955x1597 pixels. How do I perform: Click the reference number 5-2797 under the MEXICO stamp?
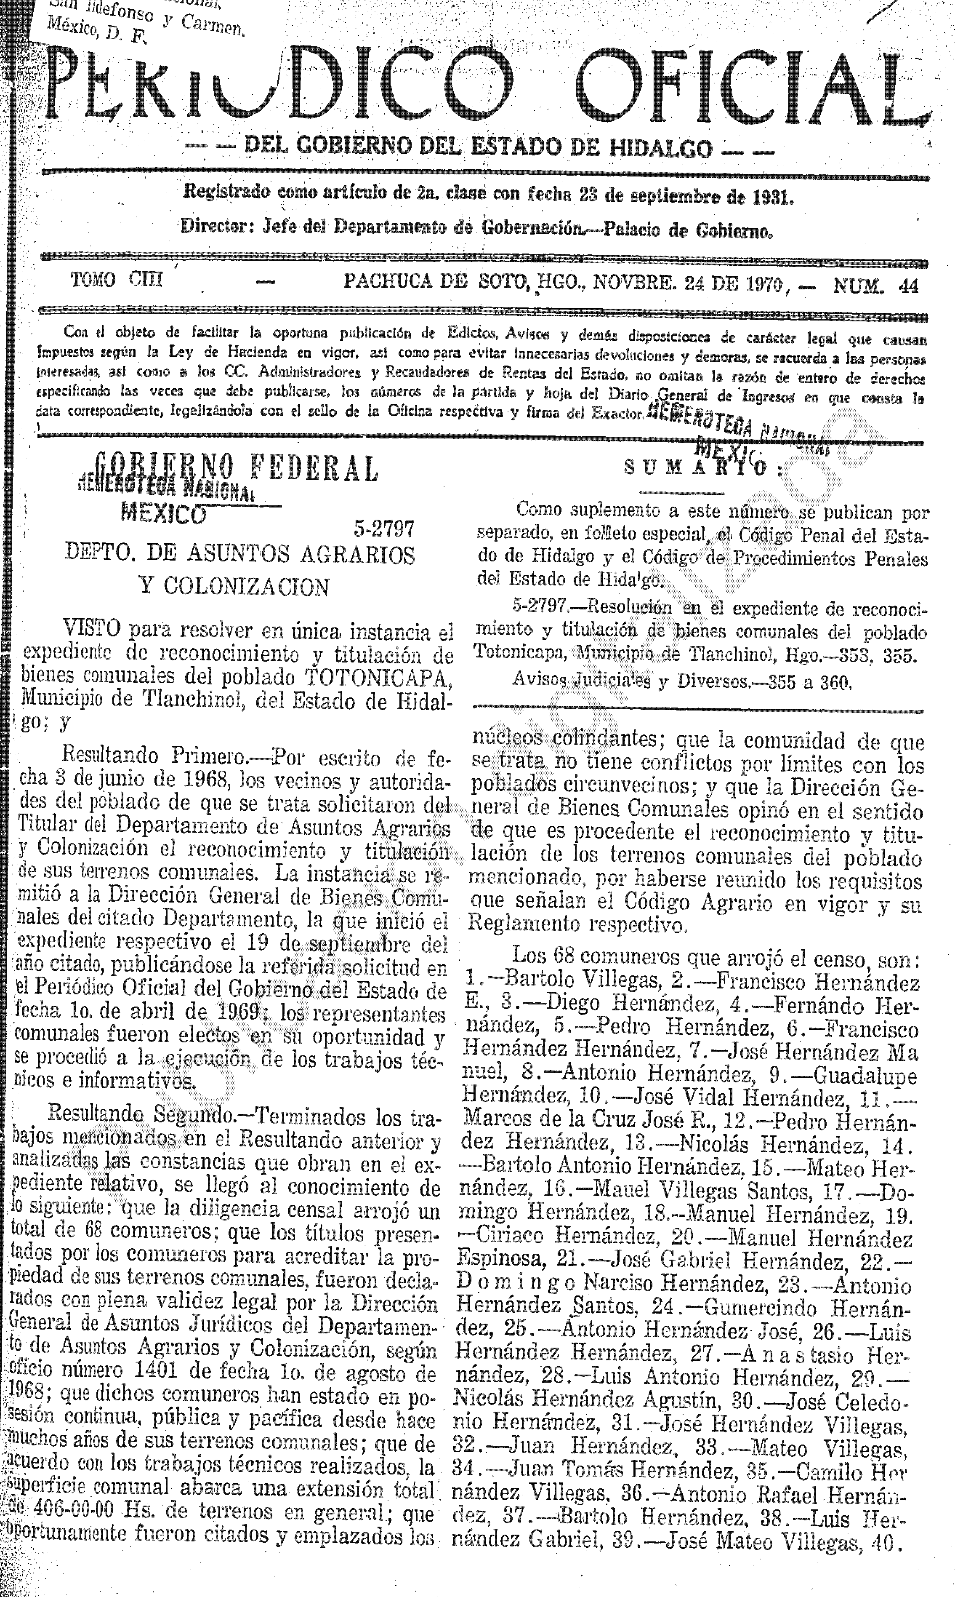(383, 529)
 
